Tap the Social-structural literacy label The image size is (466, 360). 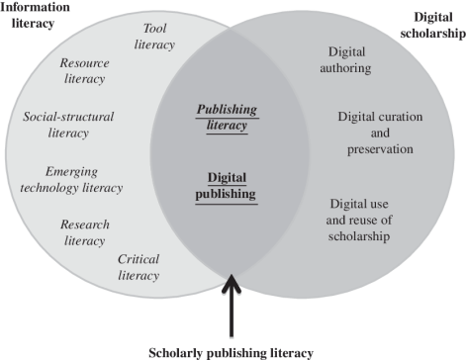(x=68, y=125)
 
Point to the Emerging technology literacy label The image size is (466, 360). (x=84, y=178)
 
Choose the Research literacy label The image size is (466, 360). (x=84, y=231)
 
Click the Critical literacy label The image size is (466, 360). (x=138, y=267)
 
